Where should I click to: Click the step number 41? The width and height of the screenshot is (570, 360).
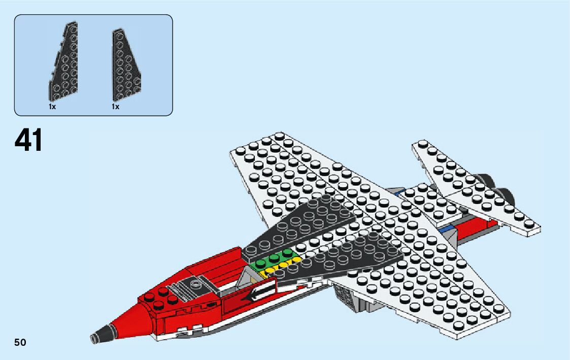point(29,140)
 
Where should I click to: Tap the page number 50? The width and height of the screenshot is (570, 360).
point(20,342)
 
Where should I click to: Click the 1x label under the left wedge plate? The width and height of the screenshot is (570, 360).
point(52,107)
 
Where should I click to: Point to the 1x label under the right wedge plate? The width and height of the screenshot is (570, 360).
point(115,107)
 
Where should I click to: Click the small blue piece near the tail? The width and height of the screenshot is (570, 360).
point(446,229)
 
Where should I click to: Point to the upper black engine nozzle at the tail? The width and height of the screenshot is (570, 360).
point(487,180)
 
